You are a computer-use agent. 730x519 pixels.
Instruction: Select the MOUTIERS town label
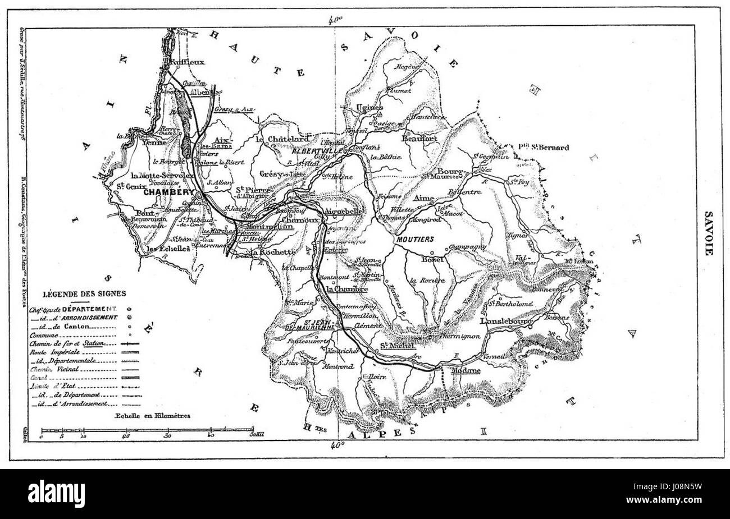tap(415, 239)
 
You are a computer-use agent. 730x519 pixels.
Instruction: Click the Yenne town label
tap(155, 143)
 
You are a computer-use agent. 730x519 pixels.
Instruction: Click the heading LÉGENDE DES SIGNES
tap(84, 292)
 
